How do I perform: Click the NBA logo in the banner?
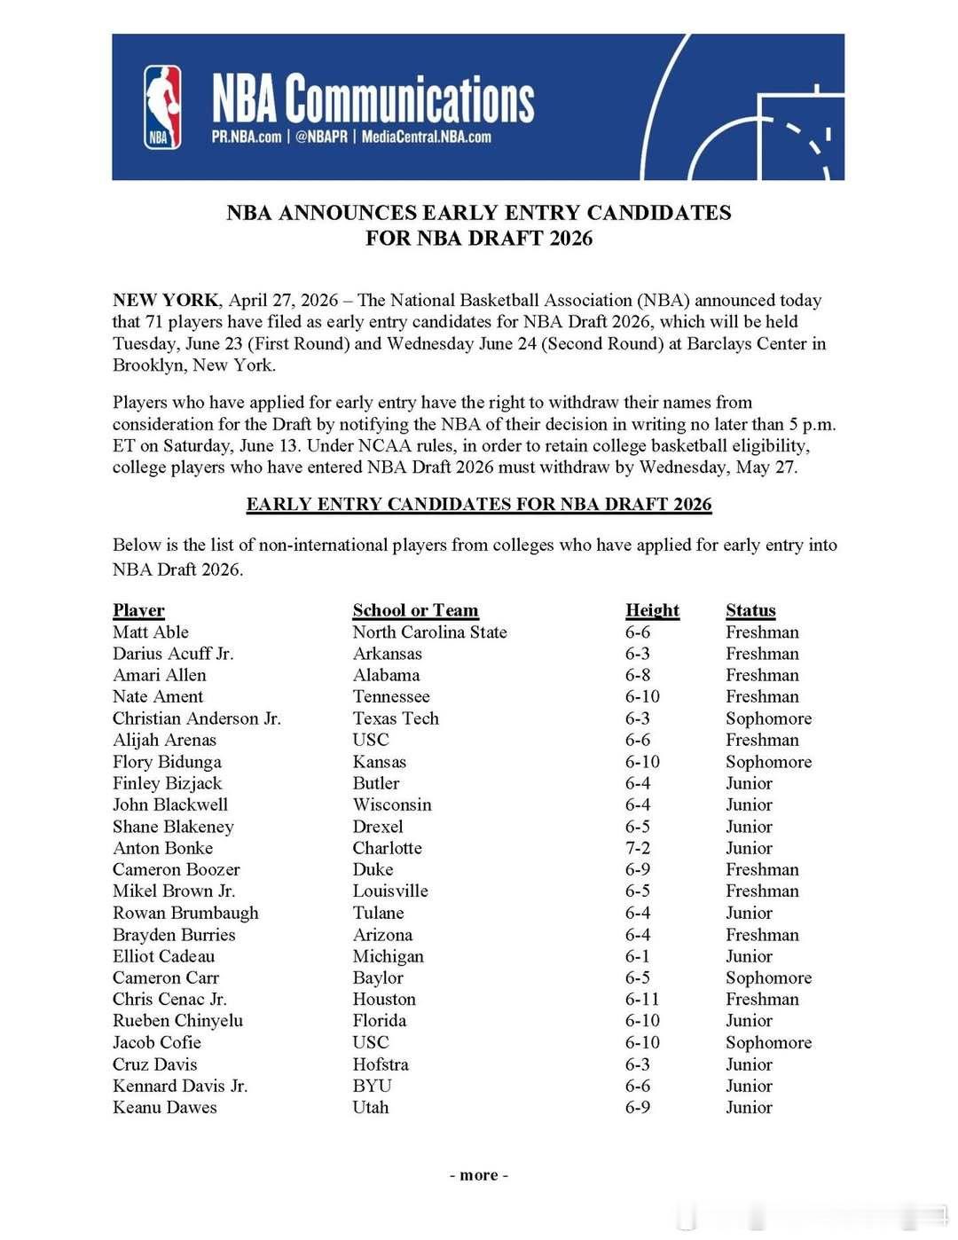click(x=162, y=106)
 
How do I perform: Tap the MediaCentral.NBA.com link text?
click(x=426, y=137)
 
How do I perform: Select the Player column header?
click(x=138, y=610)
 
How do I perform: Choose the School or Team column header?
click(x=415, y=610)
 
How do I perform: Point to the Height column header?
click(x=652, y=610)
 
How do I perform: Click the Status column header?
click(x=750, y=610)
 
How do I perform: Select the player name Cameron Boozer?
click(x=176, y=869)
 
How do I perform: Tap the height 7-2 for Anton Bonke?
click(x=637, y=848)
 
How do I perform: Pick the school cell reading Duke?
click(x=373, y=869)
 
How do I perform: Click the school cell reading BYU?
click(x=372, y=1086)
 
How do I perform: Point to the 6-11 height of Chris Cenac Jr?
click(x=642, y=999)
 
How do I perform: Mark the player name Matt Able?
click(x=151, y=632)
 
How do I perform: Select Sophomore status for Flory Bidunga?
click(x=768, y=762)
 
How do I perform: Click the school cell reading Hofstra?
click(x=381, y=1064)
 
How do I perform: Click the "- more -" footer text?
click(x=479, y=1175)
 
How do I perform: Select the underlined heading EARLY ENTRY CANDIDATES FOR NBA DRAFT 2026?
click(x=479, y=505)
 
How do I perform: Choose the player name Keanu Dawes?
click(x=164, y=1107)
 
